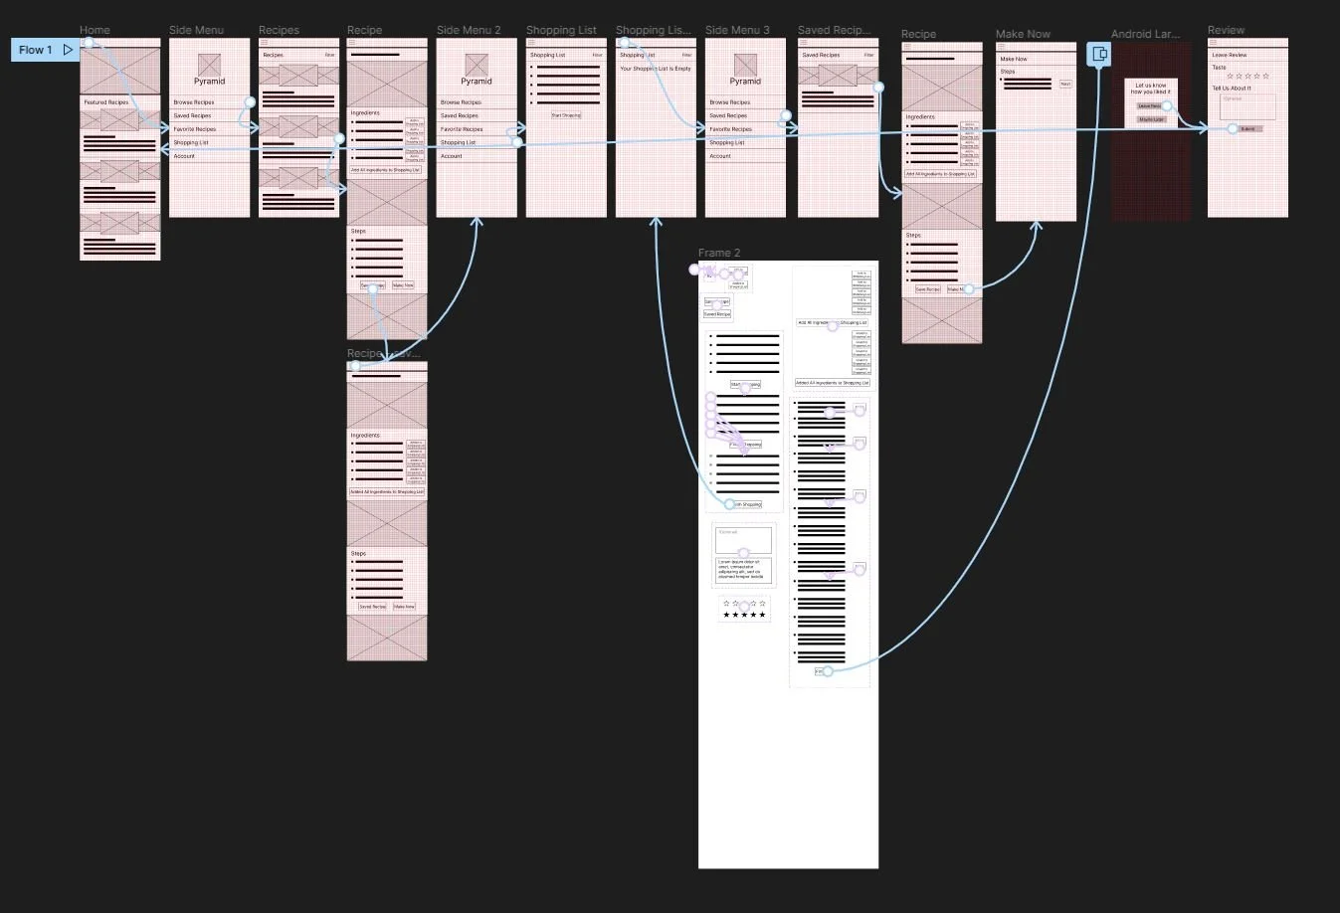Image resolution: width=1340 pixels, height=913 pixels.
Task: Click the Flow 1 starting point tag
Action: pos(45,50)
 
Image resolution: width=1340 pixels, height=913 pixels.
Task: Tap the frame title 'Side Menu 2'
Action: pos(469,30)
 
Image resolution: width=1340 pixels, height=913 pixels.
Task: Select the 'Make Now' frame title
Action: pos(1023,34)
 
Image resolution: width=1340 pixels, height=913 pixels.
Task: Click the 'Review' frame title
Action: pos(1226,30)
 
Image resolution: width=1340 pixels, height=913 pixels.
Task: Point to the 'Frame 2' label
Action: pos(719,253)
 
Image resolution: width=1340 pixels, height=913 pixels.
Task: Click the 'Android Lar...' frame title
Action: pos(1145,34)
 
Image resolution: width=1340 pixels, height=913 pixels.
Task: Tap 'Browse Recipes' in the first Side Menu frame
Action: pos(194,102)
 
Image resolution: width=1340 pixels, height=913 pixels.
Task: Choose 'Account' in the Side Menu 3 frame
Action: pos(720,156)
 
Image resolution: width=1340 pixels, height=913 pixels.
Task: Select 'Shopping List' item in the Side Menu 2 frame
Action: pos(459,143)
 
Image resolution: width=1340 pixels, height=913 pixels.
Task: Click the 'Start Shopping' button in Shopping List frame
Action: pos(566,115)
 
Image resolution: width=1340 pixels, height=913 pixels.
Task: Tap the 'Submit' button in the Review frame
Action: pos(1247,129)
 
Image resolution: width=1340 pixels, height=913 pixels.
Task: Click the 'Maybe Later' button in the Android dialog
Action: pos(1151,119)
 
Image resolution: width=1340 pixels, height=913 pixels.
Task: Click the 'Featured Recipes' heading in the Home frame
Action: pos(106,102)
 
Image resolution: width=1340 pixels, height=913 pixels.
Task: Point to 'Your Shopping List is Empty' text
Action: pos(656,69)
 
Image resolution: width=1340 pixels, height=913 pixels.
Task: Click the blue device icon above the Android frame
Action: pos(1099,54)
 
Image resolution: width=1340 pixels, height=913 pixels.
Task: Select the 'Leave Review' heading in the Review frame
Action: pos(1230,56)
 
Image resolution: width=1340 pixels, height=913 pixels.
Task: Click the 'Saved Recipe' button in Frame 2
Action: pos(717,314)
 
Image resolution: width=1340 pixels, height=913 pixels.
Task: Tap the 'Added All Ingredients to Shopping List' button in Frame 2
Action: pos(833,383)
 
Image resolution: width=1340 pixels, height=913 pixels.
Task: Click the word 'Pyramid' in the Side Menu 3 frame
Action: pos(745,82)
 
